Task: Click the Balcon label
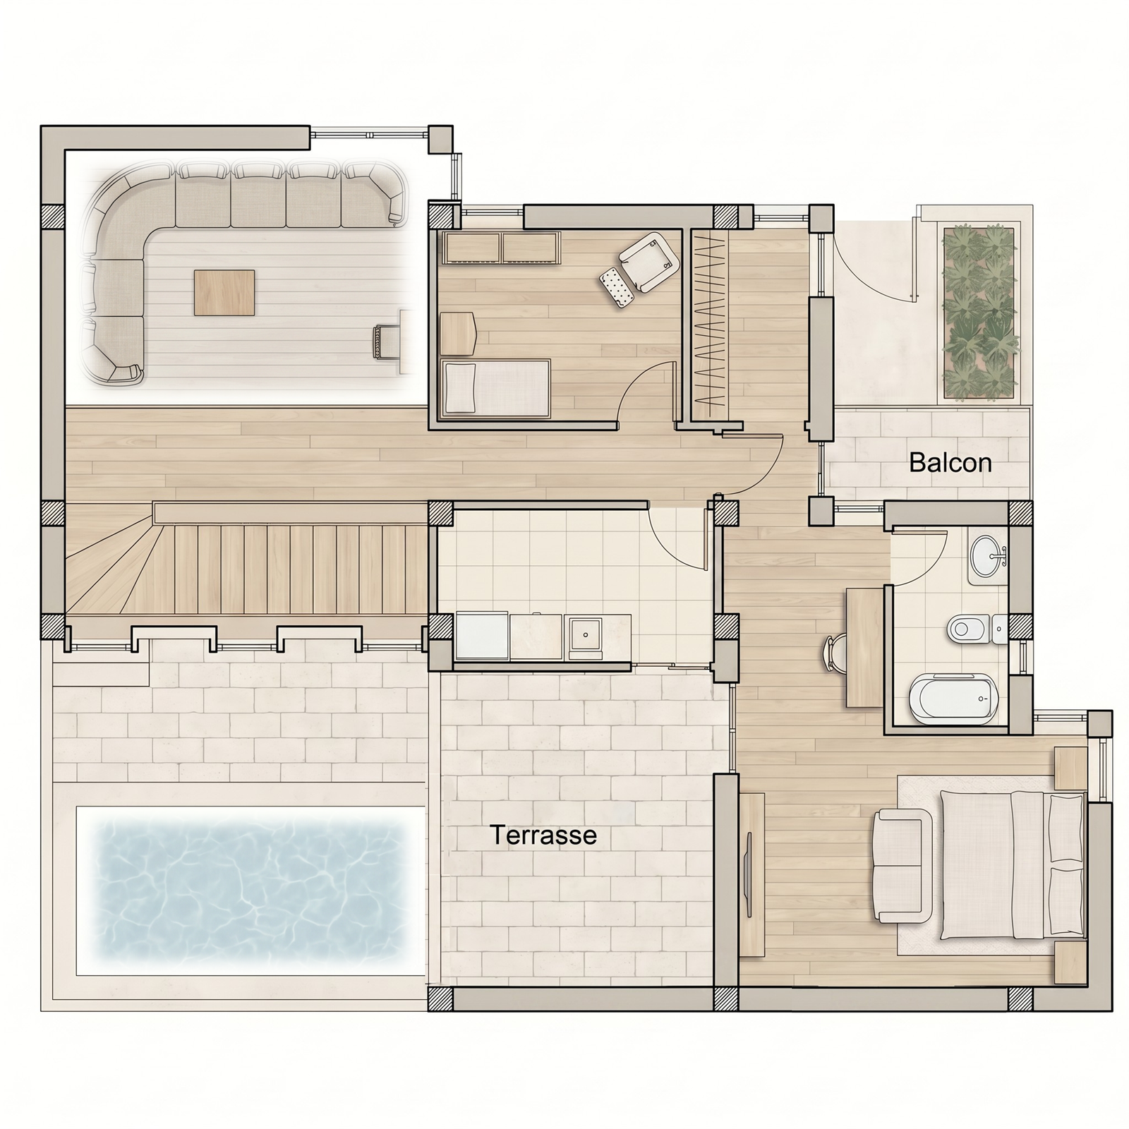pos(950,463)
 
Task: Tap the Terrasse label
pos(543,835)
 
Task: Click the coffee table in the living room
pos(224,293)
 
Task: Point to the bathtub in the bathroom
pos(952,699)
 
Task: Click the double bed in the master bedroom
pos(1012,865)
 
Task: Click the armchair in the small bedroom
pos(649,260)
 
